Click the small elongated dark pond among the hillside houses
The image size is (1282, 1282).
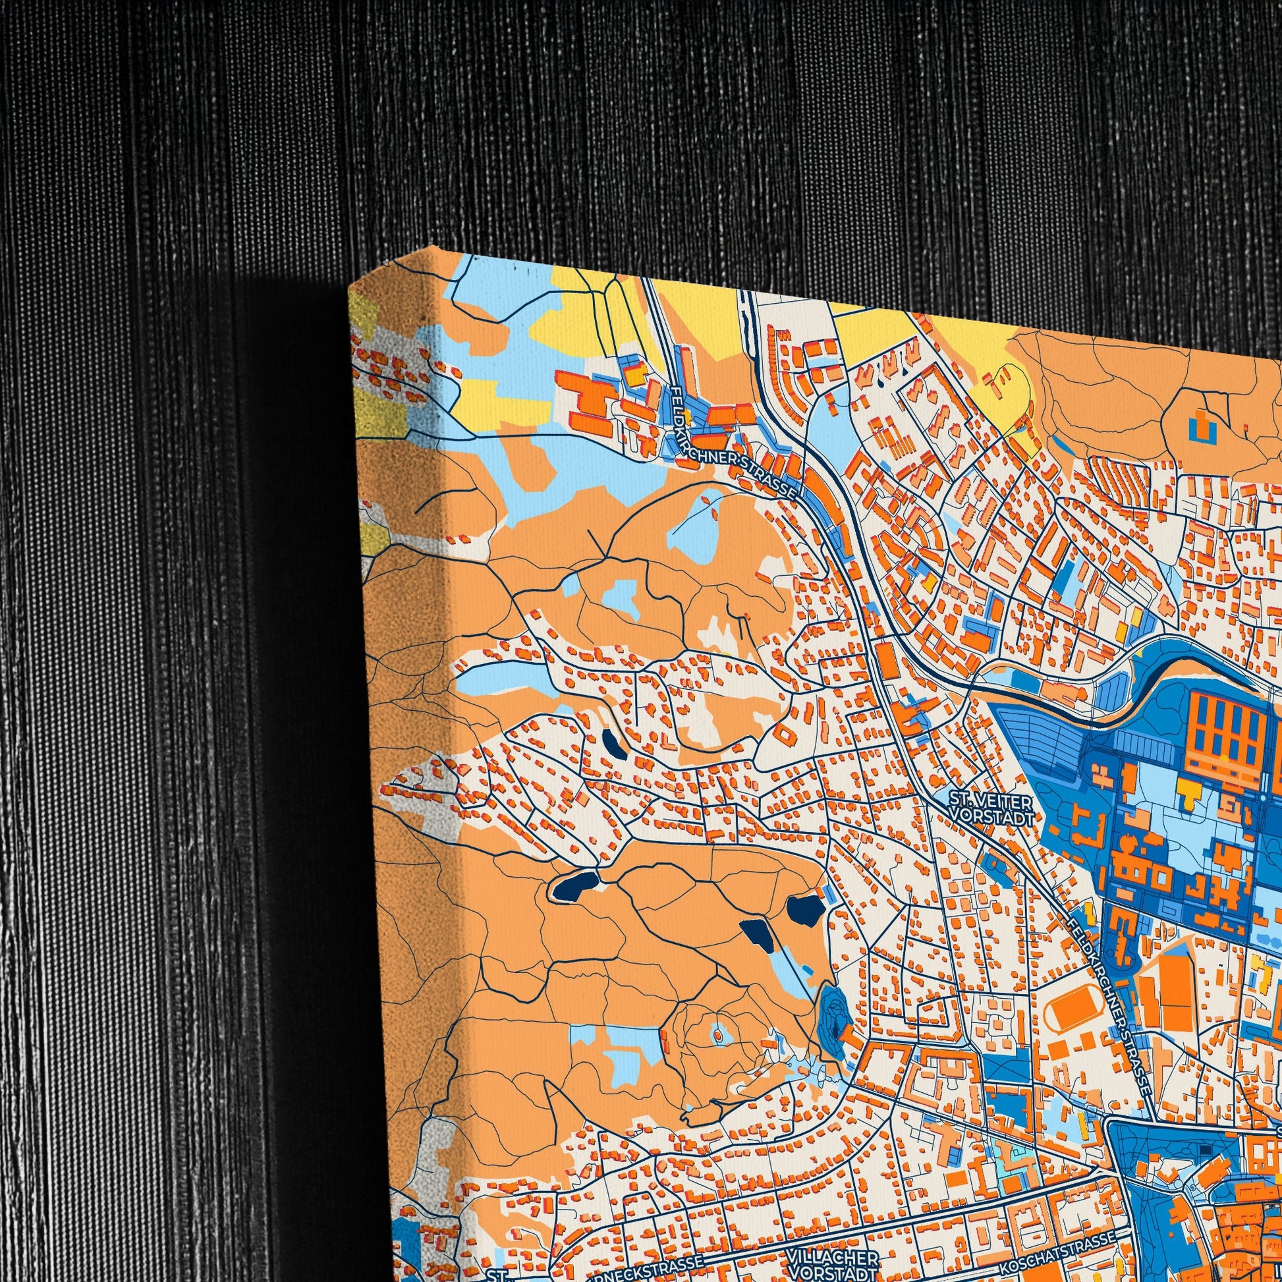pyautogui.click(x=614, y=744)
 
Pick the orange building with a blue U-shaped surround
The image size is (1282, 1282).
pyautogui.click(x=1200, y=426)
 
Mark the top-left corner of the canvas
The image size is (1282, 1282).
pyautogui.click(x=350, y=287)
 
